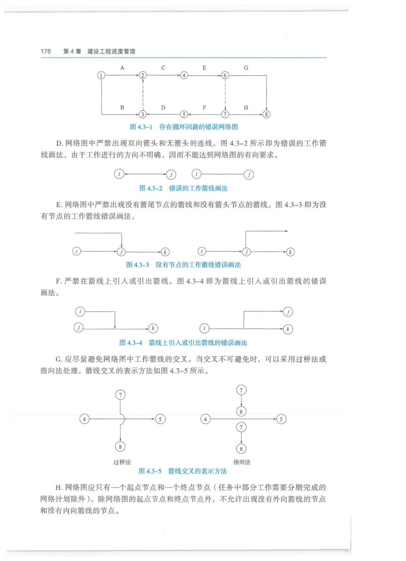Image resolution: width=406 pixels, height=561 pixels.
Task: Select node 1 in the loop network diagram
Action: pos(101,75)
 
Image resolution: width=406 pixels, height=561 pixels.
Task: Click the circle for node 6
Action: pos(225,75)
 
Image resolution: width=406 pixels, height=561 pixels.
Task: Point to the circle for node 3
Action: pos(143,115)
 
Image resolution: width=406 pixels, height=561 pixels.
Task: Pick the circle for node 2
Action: pos(143,75)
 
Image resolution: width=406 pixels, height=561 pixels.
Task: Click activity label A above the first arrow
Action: pos(122,68)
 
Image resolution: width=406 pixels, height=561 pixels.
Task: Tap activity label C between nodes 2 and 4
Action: pos(163,68)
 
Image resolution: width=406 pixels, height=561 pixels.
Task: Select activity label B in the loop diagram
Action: pos(122,108)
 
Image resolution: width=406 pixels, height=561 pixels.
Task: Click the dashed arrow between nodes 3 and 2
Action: pos(143,95)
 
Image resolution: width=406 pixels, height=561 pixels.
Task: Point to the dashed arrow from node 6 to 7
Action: pos(225,95)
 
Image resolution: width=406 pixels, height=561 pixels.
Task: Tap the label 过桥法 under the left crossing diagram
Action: pos(122,462)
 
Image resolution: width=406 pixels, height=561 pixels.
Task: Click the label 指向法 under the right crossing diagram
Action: pos(242,462)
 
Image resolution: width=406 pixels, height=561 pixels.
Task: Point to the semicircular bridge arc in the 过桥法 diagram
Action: pos(123,419)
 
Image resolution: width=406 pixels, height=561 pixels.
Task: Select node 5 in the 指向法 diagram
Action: pos(282,419)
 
